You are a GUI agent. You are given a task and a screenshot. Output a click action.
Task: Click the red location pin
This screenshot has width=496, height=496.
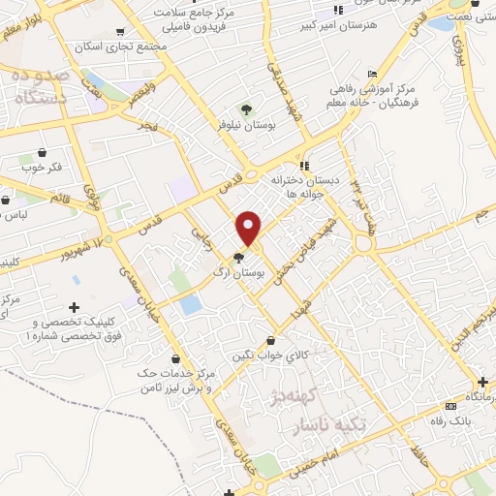(x=249, y=228)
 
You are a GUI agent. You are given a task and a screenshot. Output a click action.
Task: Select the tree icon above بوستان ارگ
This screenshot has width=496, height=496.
(x=238, y=256)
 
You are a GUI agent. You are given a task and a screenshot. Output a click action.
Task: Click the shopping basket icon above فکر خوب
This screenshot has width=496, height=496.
(x=42, y=152)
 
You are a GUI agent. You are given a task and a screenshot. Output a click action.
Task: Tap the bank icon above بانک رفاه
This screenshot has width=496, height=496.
(x=449, y=406)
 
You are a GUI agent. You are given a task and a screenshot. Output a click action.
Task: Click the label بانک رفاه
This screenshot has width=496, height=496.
(x=452, y=421)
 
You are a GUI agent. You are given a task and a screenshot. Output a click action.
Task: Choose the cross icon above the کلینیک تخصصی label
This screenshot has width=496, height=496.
(x=74, y=307)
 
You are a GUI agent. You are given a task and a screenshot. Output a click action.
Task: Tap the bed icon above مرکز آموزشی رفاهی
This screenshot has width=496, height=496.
(x=373, y=75)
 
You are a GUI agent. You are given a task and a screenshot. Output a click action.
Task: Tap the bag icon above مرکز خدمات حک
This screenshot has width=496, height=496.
(x=175, y=358)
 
